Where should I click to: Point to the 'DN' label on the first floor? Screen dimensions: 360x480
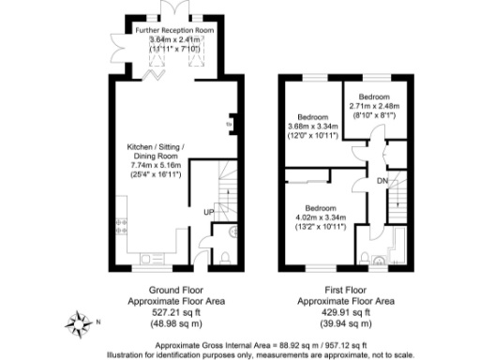point(382,181)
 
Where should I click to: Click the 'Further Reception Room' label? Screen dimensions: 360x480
point(173,30)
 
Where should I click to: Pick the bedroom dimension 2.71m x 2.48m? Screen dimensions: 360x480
point(373,106)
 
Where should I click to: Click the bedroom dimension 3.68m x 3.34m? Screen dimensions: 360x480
point(310,127)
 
